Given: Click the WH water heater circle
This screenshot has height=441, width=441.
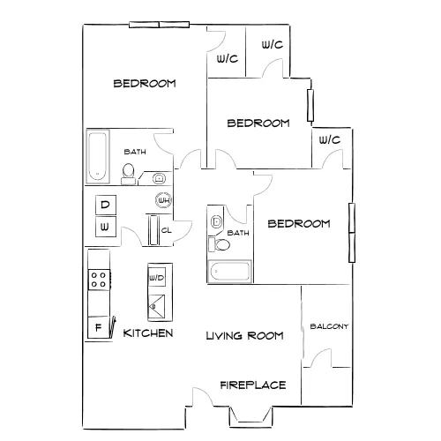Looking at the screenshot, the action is tap(163, 200).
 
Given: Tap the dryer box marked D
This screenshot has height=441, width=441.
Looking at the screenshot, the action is tap(106, 205).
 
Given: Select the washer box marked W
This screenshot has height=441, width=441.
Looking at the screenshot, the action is tap(106, 227).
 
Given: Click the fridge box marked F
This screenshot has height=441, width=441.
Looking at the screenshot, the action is tap(99, 327).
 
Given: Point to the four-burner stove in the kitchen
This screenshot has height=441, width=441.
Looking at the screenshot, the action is tap(99, 280).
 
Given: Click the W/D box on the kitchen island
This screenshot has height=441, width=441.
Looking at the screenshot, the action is tap(156, 277).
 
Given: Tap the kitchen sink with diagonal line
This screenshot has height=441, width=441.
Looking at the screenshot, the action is tap(156, 306).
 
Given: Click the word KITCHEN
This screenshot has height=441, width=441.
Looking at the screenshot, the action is tap(148, 333).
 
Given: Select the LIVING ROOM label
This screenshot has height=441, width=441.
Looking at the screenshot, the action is tap(244, 335).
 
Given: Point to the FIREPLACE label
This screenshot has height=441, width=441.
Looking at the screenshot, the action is tap(253, 385).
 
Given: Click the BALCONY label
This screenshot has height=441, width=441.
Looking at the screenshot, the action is tap(329, 326).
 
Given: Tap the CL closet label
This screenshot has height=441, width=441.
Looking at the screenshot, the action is tap(166, 230).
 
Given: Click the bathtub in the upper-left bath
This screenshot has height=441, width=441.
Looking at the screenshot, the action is tap(98, 157).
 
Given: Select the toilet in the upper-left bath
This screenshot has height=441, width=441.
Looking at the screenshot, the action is tap(128, 174).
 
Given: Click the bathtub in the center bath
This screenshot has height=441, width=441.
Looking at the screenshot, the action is tap(229, 272).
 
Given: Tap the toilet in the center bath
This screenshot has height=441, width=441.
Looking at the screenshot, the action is tap(220, 244).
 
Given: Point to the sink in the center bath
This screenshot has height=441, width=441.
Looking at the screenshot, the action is tap(216, 221).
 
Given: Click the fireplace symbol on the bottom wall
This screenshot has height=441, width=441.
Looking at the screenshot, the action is tap(250, 417).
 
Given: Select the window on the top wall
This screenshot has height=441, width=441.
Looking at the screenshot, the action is tap(159, 25).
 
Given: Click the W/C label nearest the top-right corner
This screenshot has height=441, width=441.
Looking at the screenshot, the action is tap(273, 45).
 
